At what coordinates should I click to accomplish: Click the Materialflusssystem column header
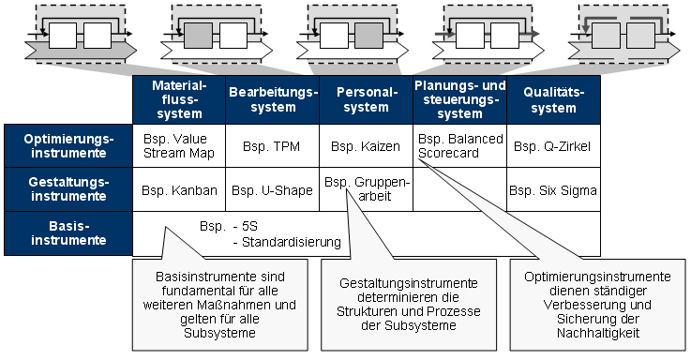click(x=178, y=99)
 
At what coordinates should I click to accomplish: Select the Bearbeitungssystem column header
click(x=272, y=99)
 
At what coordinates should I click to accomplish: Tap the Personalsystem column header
click(x=366, y=99)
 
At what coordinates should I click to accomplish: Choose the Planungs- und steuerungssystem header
click(x=459, y=99)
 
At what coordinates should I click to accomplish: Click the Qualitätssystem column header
click(x=553, y=99)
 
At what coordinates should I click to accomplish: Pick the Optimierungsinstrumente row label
click(x=68, y=145)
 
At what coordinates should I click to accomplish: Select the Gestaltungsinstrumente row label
click(x=68, y=189)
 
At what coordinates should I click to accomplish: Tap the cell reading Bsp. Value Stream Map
click(x=178, y=145)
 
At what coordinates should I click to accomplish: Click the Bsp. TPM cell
click(x=272, y=146)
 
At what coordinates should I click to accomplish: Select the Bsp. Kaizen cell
click(x=366, y=146)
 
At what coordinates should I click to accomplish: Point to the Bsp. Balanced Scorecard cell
click(x=459, y=145)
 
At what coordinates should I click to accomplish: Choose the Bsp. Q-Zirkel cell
click(x=553, y=146)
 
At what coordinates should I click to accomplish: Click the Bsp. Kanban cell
click(x=178, y=190)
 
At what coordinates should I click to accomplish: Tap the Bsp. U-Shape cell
click(x=272, y=190)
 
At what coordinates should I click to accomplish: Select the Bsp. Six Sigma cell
click(x=553, y=190)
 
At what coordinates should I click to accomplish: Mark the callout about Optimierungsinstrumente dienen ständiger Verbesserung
click(x=596, y=305)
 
